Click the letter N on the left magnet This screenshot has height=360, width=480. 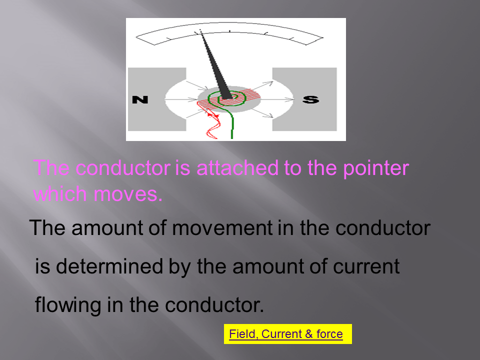[x=140, y=99]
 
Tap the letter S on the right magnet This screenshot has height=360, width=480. [x=310, y=99]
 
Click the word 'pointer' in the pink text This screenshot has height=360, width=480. [x=376, y=168]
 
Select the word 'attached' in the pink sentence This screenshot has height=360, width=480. [x=237, y=167]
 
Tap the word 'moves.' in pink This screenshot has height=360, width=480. [x=128, y=194]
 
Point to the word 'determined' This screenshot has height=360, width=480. [x=109, y=266]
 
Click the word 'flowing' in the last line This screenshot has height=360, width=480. [x=67, y=305]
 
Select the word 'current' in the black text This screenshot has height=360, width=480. [x=366, y=266]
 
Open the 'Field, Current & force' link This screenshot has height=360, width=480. [x=286, y=334]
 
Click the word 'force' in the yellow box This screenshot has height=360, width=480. [x=329, y=334]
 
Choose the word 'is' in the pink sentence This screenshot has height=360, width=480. [x=183, y=168]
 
